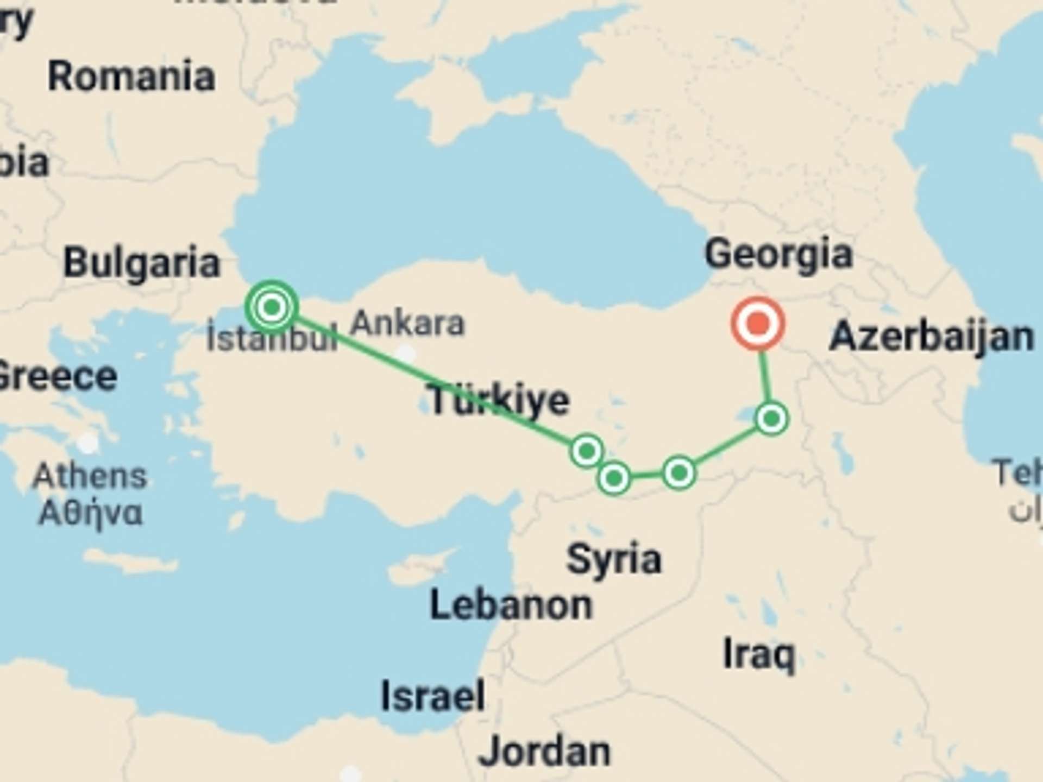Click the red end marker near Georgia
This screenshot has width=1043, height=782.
tap(758, 324)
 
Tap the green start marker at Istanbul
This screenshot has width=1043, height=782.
tap(272, 307)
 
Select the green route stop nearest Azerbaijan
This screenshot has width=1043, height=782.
tap(771, 419)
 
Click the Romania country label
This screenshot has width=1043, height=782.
tap(131, 76)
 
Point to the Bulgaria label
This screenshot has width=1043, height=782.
tap(142, 263)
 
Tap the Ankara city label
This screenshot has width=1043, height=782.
tap(407, 324)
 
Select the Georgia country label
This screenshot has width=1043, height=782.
tap(778, 254)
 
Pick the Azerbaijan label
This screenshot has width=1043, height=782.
tap(931, 336)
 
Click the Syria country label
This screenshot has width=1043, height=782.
tap(614, 559)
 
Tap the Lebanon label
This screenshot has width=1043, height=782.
tap(511, 605)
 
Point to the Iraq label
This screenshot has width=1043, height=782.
tap(759, 654)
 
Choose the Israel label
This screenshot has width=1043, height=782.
tap(433, 696)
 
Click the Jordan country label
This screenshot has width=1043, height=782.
tap(544, 752)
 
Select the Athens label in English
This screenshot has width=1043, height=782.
tap(90, 476)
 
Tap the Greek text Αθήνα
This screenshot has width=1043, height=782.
tap(91, 513)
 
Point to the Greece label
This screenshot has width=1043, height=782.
tap(57, 376)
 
